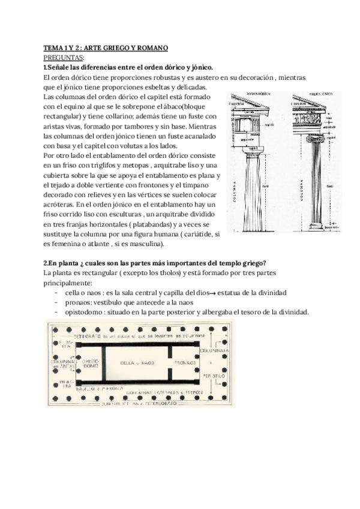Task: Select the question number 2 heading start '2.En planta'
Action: (64, 263)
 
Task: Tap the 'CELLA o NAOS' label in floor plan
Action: (137, 363)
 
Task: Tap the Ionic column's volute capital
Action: (316, 137)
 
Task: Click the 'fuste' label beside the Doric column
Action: (266, 186)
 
